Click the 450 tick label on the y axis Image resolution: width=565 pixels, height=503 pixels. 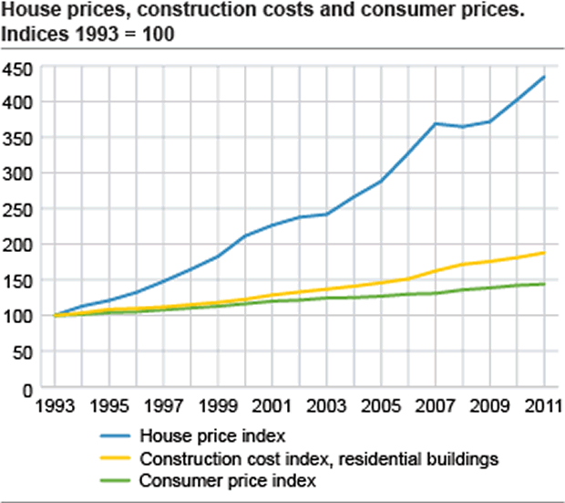[x=18, y=68]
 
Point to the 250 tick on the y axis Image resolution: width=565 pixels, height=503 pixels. [x=18, y=209]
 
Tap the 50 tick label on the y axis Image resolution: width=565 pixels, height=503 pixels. [x=23, y=351]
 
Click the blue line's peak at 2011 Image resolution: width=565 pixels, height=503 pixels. [x=544, y=77]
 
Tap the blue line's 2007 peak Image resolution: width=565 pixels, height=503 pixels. [x=436, y=123]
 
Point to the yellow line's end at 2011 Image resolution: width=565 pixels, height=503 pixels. [x=544, y=253]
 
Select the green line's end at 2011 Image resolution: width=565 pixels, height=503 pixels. [x=544, y=284]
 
